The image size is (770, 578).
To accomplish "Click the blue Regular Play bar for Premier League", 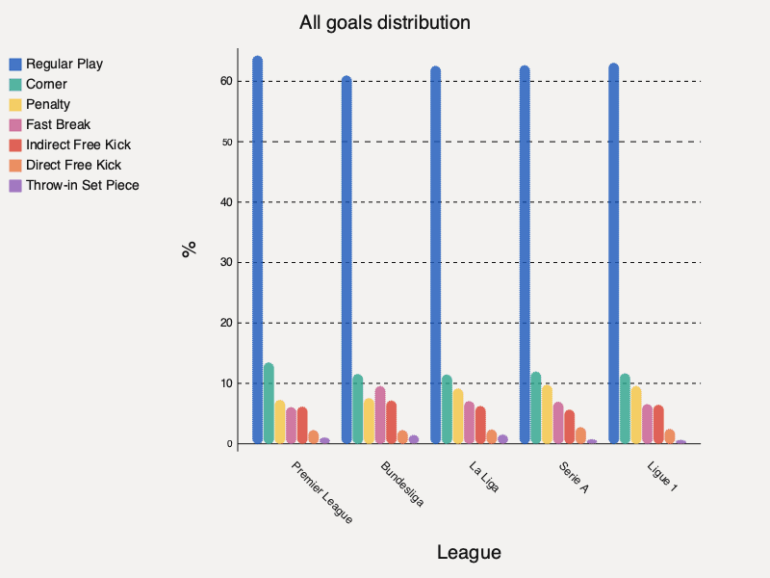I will click(257, 250).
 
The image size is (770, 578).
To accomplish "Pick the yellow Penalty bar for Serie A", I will click(547, 415).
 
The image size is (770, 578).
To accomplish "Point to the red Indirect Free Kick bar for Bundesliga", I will click(391, 423).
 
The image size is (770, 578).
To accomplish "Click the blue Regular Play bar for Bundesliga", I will click(346, 260).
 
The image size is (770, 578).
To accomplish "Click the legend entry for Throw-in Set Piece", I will click(82, 185).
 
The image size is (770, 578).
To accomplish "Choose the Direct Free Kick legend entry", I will click(73, 165).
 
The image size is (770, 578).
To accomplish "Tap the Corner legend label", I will click(46, 84).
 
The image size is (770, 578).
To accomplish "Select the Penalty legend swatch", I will click(15, 104).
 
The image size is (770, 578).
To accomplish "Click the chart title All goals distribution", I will click(385, 21).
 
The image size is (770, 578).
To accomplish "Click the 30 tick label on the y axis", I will click(225, 262).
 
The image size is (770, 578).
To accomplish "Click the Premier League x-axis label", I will click(321, 491).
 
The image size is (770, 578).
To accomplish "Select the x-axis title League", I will click(469, 553).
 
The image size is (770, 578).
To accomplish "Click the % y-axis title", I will click(190, 249).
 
